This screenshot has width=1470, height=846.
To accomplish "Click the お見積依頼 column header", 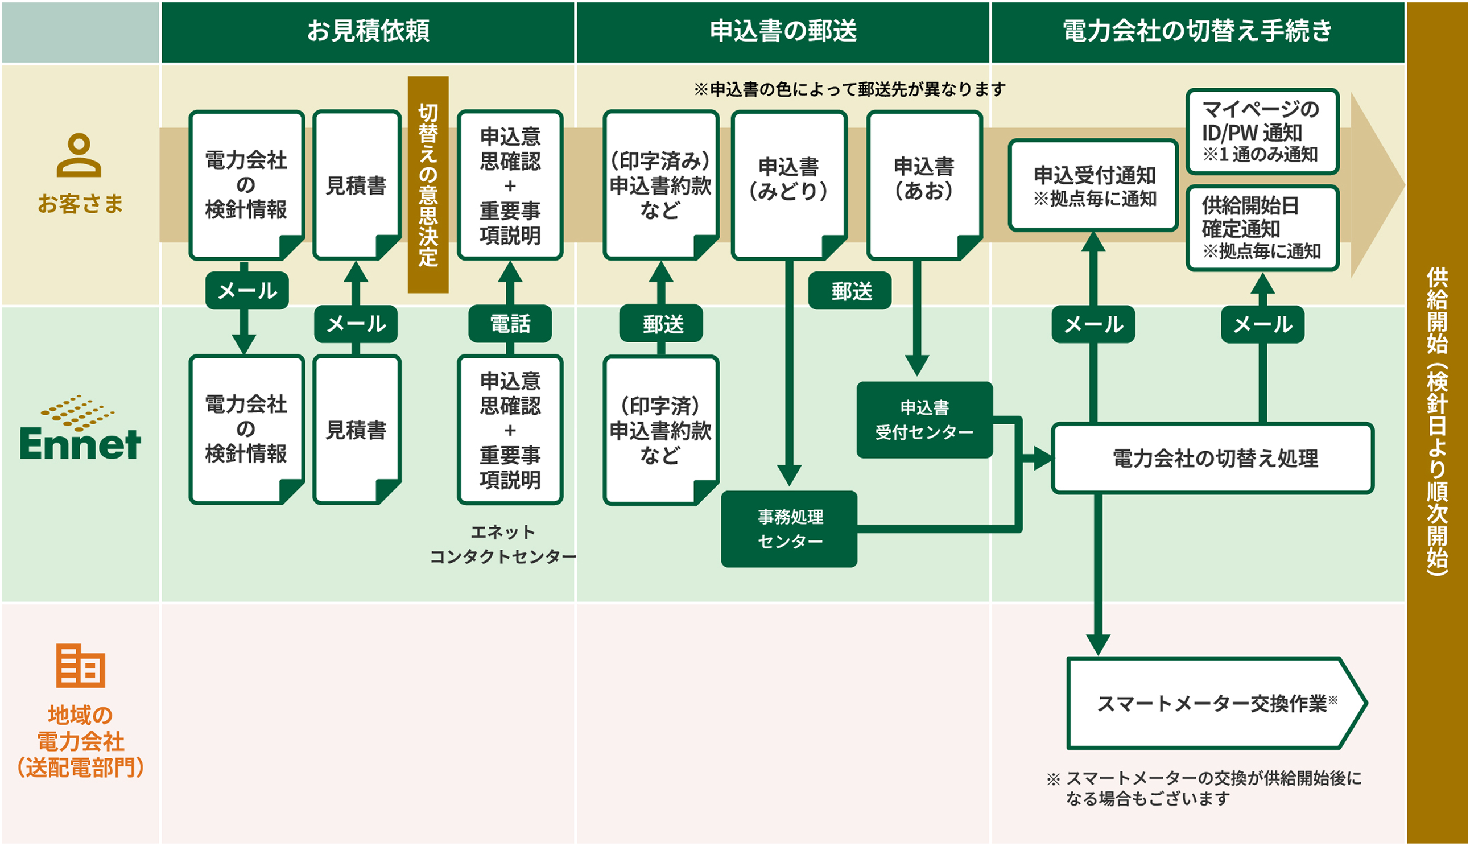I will point(368,31).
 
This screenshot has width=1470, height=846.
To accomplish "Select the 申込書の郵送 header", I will point(783,31).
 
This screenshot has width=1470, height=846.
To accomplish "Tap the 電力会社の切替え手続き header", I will point(1198,31).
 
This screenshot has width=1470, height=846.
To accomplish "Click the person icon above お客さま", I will point(80,155).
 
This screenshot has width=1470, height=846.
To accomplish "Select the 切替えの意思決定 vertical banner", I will point(428,185).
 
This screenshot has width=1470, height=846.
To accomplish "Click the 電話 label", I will point(510,324).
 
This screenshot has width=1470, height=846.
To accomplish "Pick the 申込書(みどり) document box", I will point(788,184).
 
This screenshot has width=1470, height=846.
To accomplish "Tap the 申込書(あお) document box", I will point(924,184).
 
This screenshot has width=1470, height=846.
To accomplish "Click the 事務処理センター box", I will point(789,529).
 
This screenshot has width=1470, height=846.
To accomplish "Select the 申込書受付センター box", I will point(924,420).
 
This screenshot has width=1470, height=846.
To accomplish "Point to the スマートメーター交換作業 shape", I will point(1215,704).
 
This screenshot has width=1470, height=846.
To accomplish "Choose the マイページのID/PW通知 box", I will point(1262,131).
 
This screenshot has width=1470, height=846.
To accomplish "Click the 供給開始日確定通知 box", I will point(1262,228).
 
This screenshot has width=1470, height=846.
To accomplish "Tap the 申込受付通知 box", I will point(1093,185).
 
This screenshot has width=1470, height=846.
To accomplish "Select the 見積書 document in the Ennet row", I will point(357,430).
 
